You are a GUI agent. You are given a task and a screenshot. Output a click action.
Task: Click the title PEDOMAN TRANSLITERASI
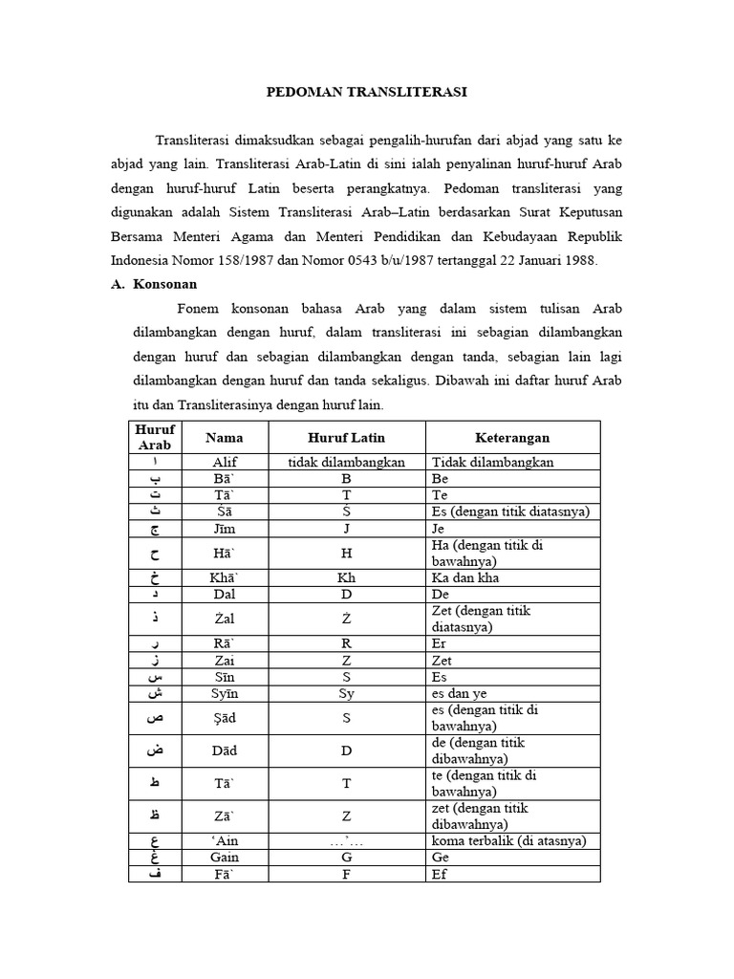366,93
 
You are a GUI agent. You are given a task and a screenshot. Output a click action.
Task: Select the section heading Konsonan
164,284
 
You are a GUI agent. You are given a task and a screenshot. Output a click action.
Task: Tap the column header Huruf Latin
346,438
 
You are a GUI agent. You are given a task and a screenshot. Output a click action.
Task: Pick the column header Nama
224,438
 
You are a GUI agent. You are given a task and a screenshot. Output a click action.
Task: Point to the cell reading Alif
224,462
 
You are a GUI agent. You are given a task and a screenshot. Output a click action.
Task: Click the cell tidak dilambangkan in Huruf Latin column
346,462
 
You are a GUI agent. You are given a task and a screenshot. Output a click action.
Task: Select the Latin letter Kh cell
346,577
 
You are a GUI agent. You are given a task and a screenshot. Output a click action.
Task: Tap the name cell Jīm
224,528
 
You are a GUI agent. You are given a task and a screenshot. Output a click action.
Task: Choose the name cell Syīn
224,693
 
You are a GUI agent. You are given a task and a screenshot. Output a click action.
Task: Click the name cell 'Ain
224,841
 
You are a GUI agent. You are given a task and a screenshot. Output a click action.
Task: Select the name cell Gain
224,858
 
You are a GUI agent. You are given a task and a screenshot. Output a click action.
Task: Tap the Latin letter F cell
346,874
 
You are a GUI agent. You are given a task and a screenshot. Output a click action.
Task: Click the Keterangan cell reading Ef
441,874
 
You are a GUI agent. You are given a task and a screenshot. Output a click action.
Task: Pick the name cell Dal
224,594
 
